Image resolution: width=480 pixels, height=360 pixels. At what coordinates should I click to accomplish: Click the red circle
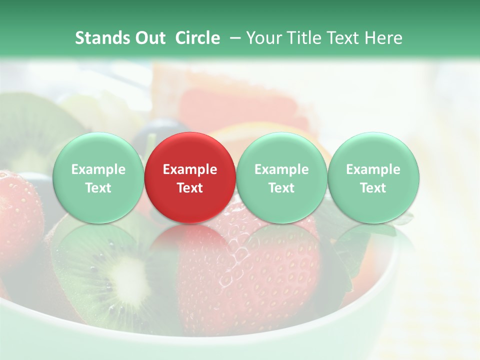190,178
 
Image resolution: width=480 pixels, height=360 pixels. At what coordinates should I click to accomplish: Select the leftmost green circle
98,178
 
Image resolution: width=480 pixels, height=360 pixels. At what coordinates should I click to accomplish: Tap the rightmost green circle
373,178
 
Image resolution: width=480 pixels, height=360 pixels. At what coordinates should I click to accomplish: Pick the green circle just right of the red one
281,178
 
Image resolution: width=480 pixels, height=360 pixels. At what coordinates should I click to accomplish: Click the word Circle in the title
197,38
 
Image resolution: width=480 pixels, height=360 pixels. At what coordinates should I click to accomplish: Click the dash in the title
234,38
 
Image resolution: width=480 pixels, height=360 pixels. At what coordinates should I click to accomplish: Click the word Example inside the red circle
190,169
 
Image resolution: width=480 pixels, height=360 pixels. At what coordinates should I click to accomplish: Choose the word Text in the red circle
190,188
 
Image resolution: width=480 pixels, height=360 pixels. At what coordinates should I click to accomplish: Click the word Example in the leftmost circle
98,169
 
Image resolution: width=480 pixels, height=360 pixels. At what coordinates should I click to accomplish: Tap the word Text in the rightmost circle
373,188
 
